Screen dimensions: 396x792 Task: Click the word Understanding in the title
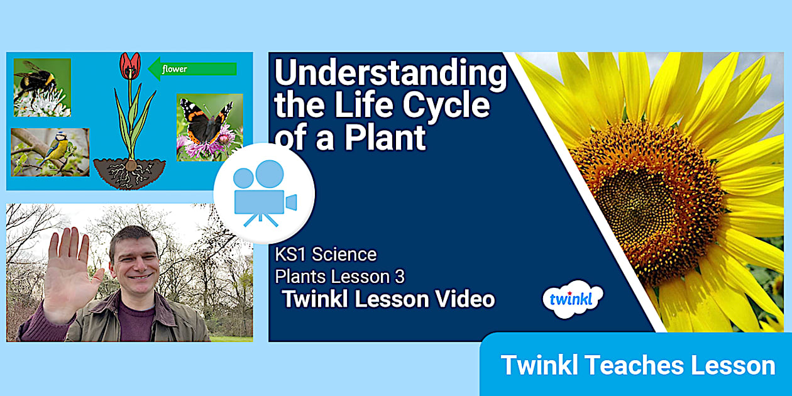[390, 75]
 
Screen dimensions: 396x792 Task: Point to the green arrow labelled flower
[192, 69]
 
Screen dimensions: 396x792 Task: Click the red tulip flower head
[130, 65]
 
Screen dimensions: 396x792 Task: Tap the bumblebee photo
[42, 87]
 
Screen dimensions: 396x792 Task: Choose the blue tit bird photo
[50, 152]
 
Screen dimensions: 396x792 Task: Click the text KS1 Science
[326, 255]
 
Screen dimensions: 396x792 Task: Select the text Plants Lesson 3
[339, 276]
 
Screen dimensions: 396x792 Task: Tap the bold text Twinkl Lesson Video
[388, 299]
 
